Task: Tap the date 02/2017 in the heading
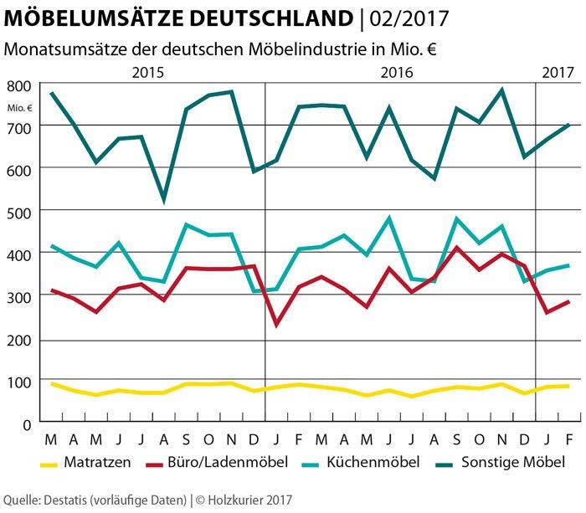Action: click(405, 18)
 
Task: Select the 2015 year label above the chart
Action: click(150, 73)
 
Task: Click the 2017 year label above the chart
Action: click(558, 73)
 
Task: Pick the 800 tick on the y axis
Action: click(19, 85)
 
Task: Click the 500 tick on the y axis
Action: click(19, 212)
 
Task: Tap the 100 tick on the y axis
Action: click(19, 382)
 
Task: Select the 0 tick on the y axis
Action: click(27, 424)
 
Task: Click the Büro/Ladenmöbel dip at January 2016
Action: click(276, 325)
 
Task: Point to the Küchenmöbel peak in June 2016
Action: click(389, 218)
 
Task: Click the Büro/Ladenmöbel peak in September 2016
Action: click(457, 248)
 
